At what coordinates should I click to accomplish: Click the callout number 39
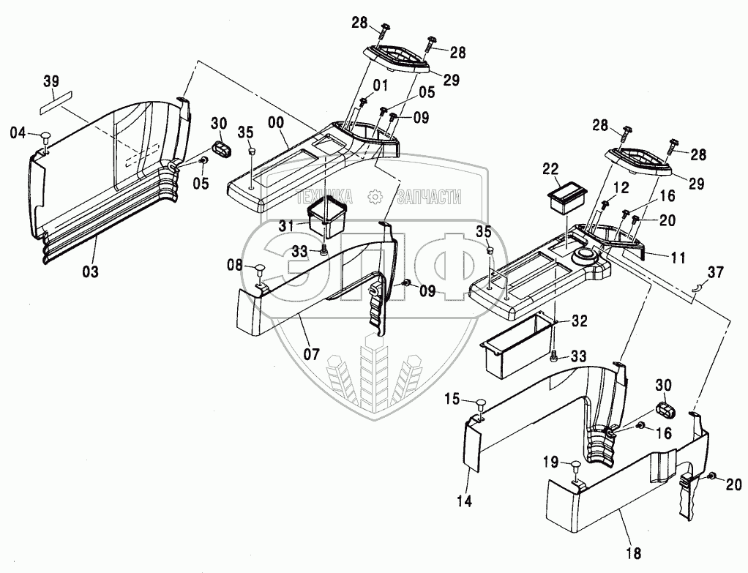[51, 81]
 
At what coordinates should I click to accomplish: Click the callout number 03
[90, 271]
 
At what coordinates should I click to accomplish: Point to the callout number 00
[276, 122]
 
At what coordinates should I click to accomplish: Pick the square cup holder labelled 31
[326, 214]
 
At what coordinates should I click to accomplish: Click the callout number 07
[313, 353]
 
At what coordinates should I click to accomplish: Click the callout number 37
[715, 272]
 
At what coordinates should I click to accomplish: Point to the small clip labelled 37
[696, 286]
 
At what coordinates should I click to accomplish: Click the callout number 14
[464, 501]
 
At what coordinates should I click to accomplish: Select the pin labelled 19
[575, 466]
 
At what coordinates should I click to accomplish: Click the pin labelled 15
[480, 405]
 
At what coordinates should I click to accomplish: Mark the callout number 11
[678, 258]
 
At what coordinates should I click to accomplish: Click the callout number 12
[621, 190]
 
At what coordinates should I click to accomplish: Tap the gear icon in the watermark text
[375, 196]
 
